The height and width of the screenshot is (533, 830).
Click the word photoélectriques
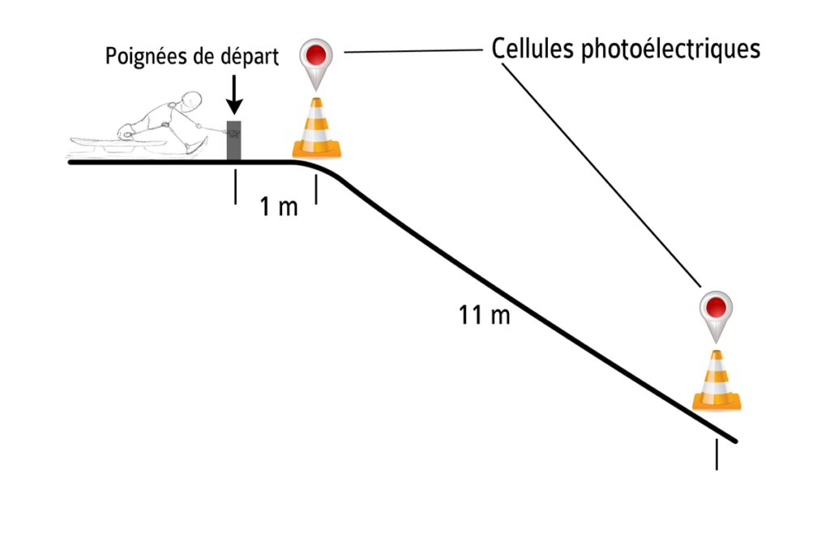670,49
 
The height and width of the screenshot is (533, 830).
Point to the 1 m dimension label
279,206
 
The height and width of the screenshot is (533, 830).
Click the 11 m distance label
484,315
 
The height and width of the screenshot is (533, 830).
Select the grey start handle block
234,139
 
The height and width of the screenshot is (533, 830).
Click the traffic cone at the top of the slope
317,128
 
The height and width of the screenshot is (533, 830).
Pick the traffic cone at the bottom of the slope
717,380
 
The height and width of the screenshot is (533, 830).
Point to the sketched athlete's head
190,101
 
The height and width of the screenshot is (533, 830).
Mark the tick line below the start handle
236,186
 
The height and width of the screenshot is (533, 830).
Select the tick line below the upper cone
316,190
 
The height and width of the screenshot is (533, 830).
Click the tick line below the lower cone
717,454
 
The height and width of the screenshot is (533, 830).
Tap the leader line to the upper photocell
413,51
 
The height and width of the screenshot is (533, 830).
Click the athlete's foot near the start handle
197,147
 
